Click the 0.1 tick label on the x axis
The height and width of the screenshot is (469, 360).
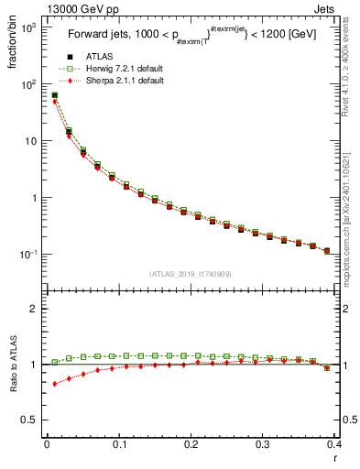tap(119, 444)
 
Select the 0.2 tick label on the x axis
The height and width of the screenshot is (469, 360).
tap(191, 444)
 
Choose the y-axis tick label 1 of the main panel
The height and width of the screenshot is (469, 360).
tap(35, 198)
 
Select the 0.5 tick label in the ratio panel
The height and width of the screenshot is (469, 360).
tap(30, 420)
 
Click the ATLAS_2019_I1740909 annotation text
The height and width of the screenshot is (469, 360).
tap(189, 274)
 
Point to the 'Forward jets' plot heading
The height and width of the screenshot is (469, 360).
tap(99, 37)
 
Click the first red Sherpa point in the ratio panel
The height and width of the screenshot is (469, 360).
tap(54, 384)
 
